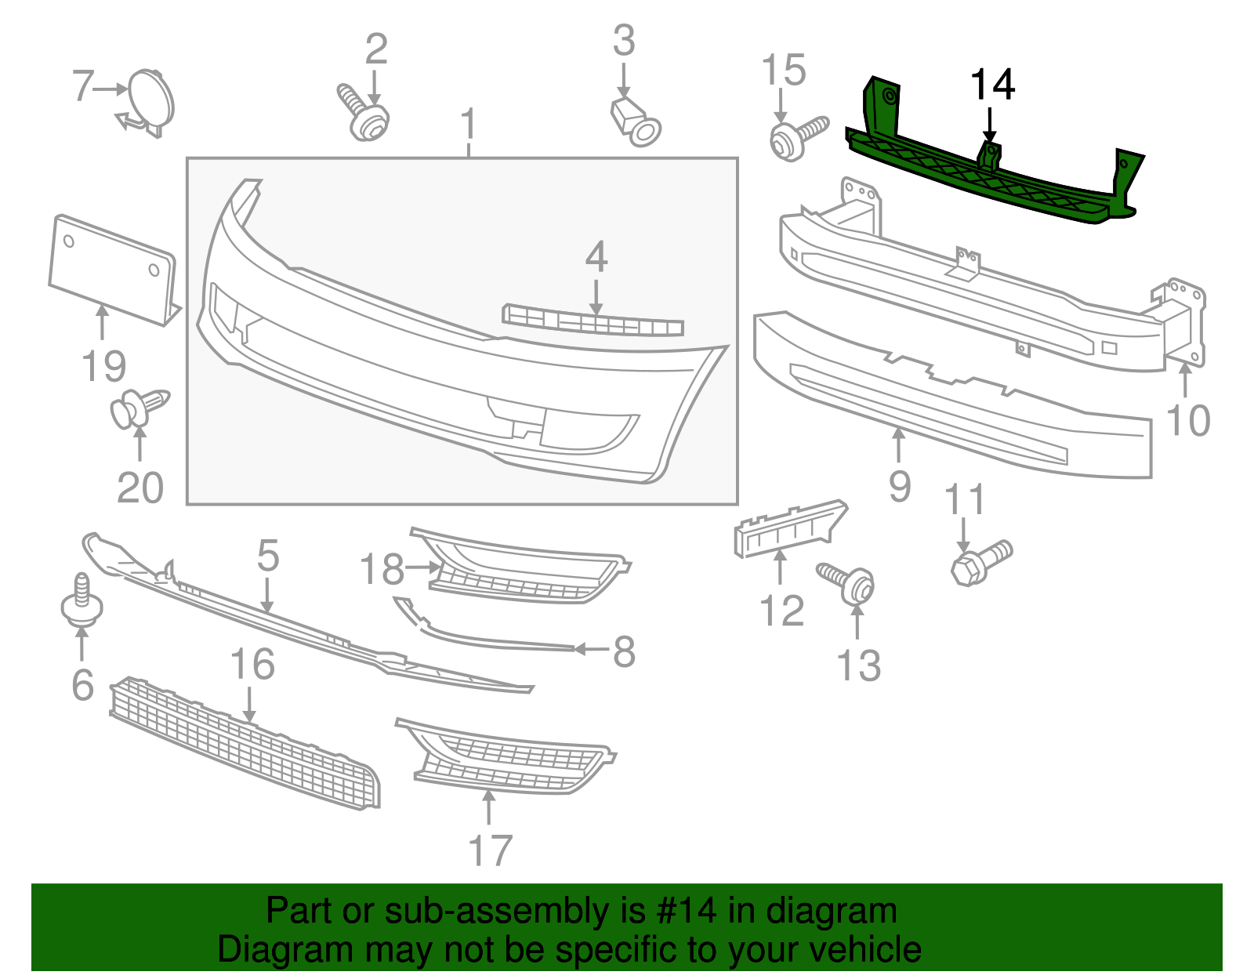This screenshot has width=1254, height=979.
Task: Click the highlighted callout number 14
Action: [x=992, y=85]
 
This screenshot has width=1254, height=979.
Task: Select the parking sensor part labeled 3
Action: [x=636, y=123]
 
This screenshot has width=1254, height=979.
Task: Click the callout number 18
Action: [x=382, y=570]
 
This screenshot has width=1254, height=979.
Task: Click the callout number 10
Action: [x=1188, y=420]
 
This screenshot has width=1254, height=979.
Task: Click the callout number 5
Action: [x=267, y=556]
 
